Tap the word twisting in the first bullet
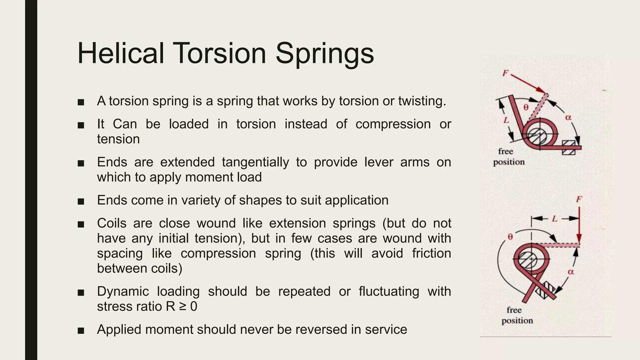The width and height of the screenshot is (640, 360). pyautogui.click(x=422, y=101)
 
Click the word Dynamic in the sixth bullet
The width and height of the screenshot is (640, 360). pyautogui.click(x=123, y=292)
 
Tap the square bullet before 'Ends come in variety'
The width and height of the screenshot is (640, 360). pyautogui.click(x=81, y=201)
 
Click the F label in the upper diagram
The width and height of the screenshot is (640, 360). pyautogui.click(x=505, y=73)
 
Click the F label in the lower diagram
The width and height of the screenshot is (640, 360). pyautogui.click(x=579, y=199)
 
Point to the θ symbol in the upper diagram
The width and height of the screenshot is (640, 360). pyautogui.click(x=526, y=107)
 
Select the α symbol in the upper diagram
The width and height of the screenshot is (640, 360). pyautogui.click(x=568, y=117)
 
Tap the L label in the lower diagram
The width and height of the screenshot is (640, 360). pyautogui.click(x=554, y=218)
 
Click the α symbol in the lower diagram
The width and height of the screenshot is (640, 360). pyautogui.click(x=571, y=272)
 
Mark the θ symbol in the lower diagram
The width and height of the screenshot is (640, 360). pyautogui.click(x=510, y=237)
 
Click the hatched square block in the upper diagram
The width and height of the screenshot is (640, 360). pyautogui.click(x=568, y=147)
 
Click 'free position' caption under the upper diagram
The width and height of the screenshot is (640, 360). pyautogui.click(x=508, y=157)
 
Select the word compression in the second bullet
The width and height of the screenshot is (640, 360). pyautogui.click(x=393, y=124)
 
